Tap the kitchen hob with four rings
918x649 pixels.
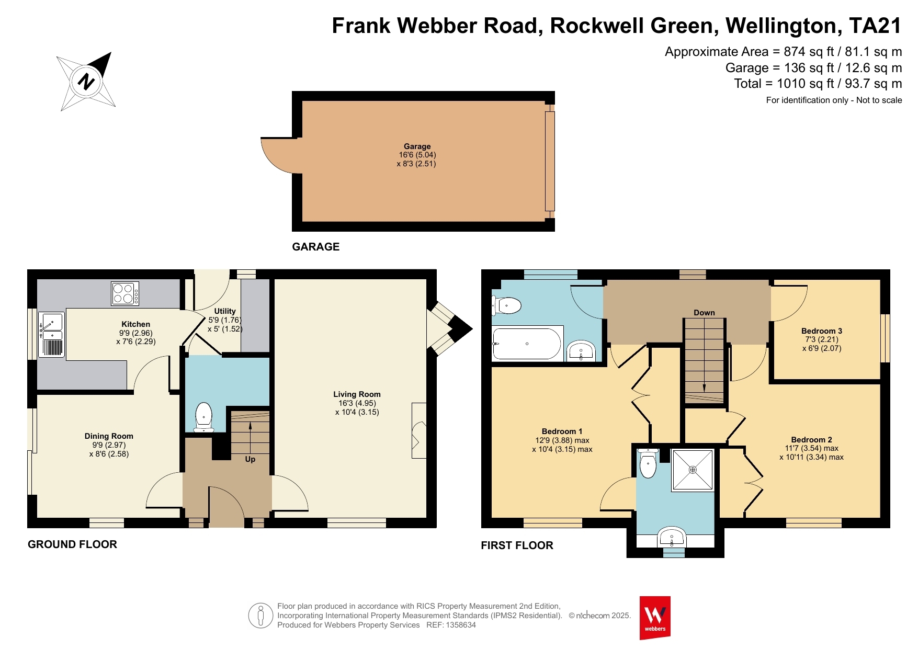pos(125,293)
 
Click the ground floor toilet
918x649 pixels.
pos(203,417)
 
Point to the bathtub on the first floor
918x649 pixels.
pos(527,344)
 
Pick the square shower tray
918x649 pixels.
pos(693,470)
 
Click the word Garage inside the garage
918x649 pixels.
pos(417,146)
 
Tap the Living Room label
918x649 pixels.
pos(357,394)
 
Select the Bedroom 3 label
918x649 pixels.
pos(822,331)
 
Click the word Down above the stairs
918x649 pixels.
pos(704,313)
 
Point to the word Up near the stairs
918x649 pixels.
pos(250,459)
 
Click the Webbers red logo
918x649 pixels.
pos(655,618)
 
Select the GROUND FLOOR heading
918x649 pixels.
pos(72,544)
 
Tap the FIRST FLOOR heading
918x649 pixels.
pos(517,545)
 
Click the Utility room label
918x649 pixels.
pos(225,311)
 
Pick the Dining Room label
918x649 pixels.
pos(109,436)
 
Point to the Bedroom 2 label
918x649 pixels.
pos(811,440)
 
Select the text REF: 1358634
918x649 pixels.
pos(451,625)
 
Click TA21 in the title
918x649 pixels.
pos(875,26)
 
